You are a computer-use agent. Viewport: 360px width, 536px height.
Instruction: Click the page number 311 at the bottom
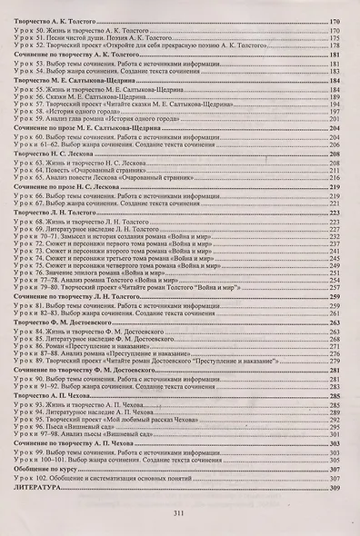179,512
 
